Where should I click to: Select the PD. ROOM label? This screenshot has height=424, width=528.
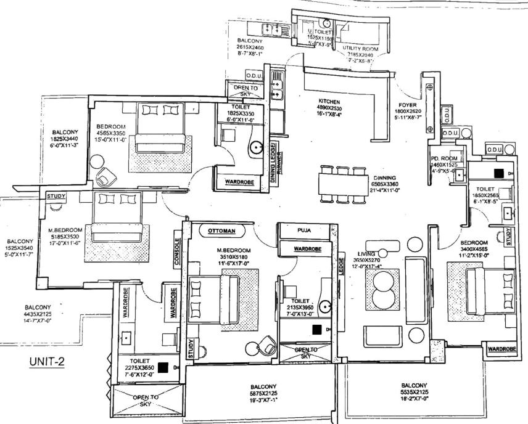click(x=443, y=159)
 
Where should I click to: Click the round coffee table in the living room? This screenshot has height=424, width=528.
click(x=382, y=288)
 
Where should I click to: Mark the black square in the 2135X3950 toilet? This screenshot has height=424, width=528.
click(x=316, y=330)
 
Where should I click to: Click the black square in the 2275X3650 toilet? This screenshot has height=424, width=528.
click(x=163, y=368)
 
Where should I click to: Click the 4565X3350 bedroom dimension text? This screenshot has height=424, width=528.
click(x=111, y=132)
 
